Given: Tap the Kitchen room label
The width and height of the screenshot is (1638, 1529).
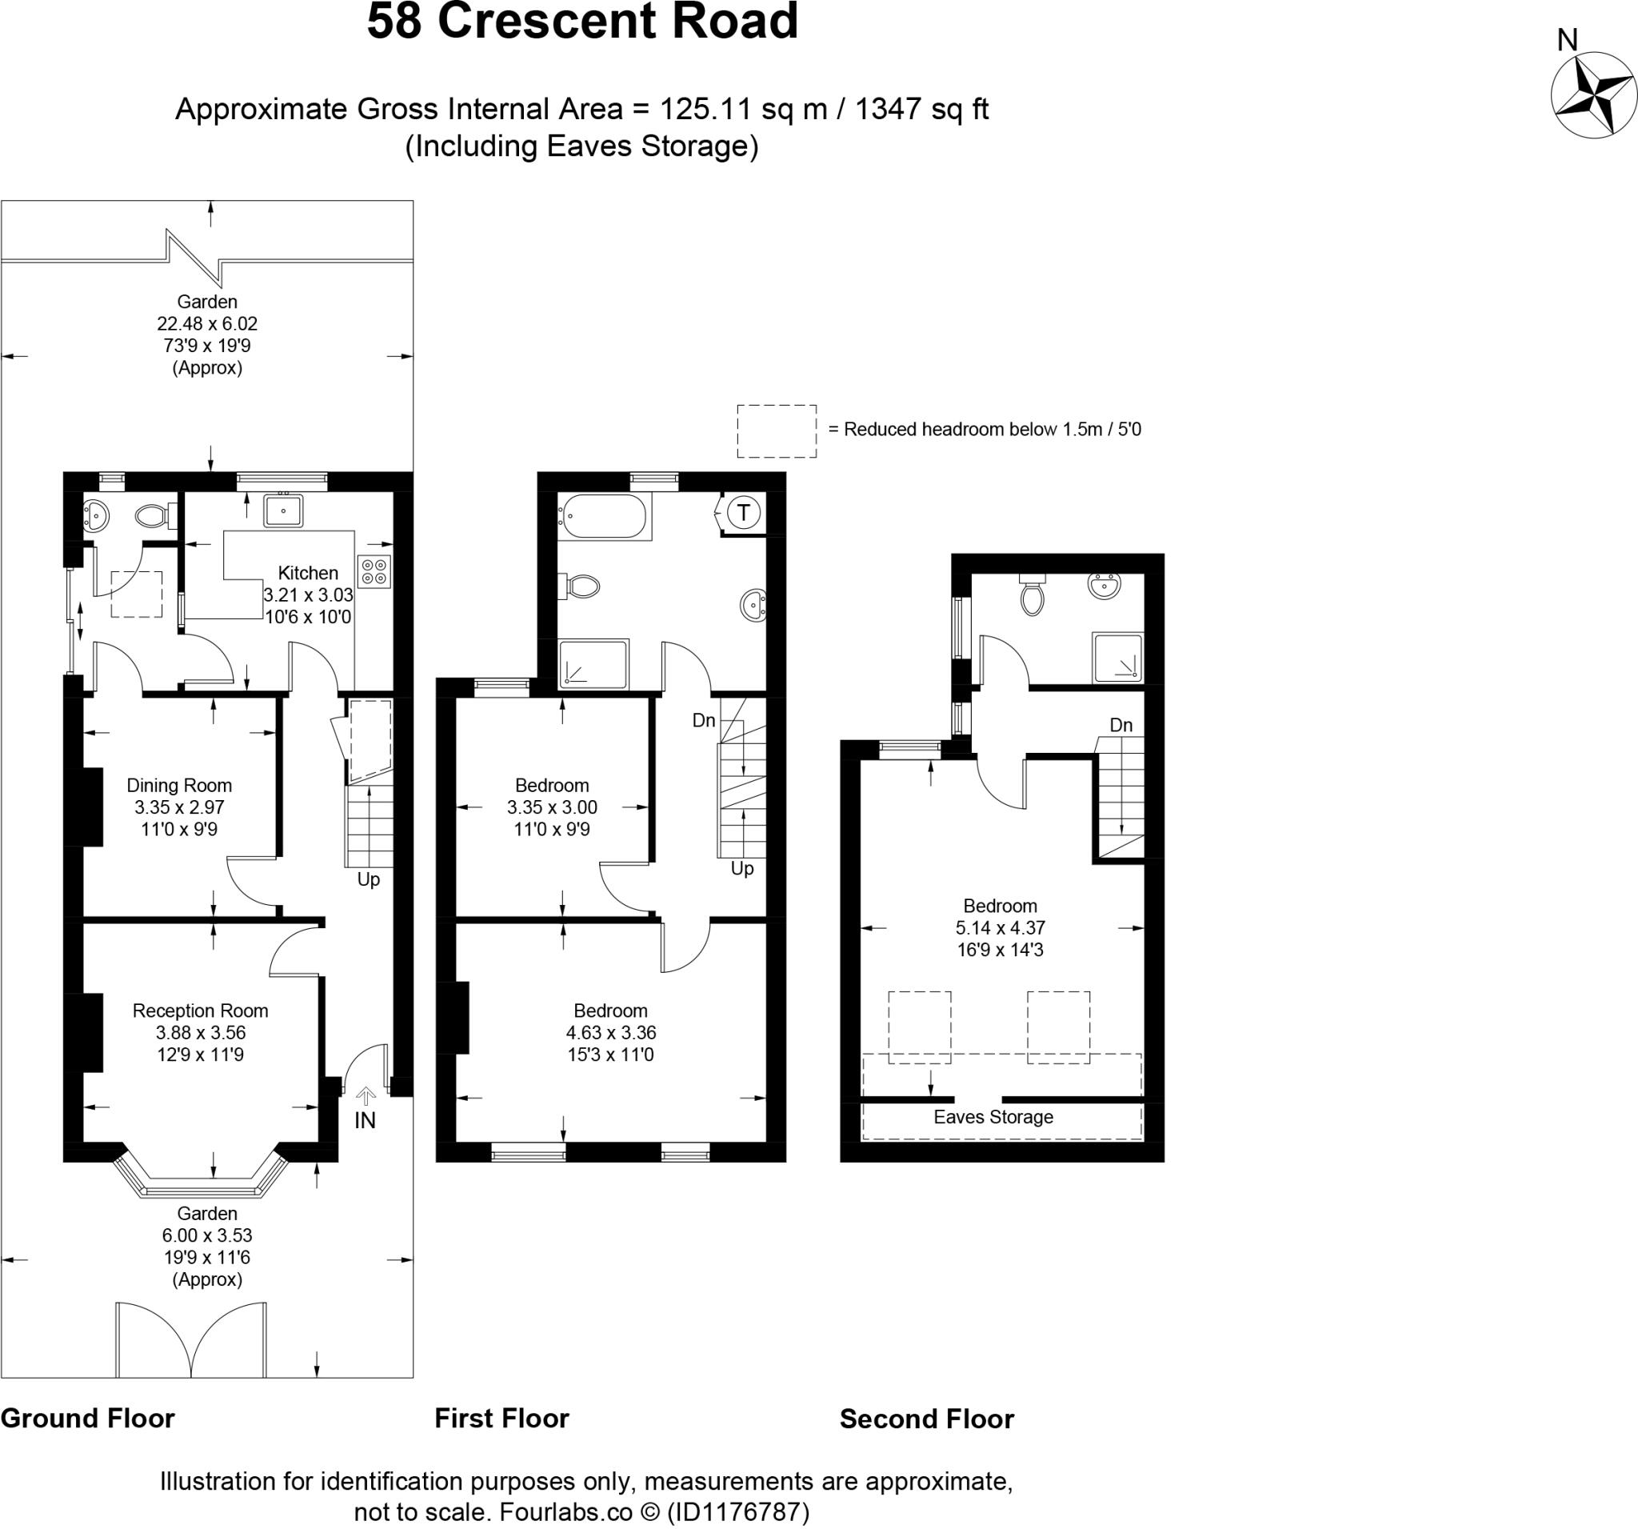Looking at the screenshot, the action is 308,573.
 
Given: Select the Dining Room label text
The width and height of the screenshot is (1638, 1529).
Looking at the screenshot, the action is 179,786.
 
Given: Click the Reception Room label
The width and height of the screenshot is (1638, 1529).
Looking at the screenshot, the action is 200,1011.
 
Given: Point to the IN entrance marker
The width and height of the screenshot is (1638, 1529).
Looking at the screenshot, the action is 365,1120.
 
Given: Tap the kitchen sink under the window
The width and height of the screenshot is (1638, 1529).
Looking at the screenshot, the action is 283,510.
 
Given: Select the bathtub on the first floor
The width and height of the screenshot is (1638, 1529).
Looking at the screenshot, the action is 605,517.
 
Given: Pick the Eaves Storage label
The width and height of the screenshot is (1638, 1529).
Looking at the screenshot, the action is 993,1117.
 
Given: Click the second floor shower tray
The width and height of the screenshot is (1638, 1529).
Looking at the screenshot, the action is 1117,657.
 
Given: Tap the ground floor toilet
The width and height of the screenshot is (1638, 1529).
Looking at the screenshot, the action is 153,517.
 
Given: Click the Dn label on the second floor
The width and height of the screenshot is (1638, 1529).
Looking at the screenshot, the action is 1121,726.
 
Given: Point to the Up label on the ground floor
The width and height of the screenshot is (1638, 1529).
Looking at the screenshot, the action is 368,879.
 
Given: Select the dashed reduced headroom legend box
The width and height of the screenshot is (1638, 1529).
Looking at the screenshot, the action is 776,431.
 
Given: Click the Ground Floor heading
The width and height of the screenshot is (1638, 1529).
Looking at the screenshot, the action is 87,1418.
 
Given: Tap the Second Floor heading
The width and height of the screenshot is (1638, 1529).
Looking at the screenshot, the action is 927,1419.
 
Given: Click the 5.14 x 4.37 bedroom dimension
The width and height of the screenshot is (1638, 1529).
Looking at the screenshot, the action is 1001,927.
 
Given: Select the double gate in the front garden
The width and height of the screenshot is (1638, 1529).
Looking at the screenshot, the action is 191,1339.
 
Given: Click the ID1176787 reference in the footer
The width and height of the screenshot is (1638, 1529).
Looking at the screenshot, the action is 737,1511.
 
